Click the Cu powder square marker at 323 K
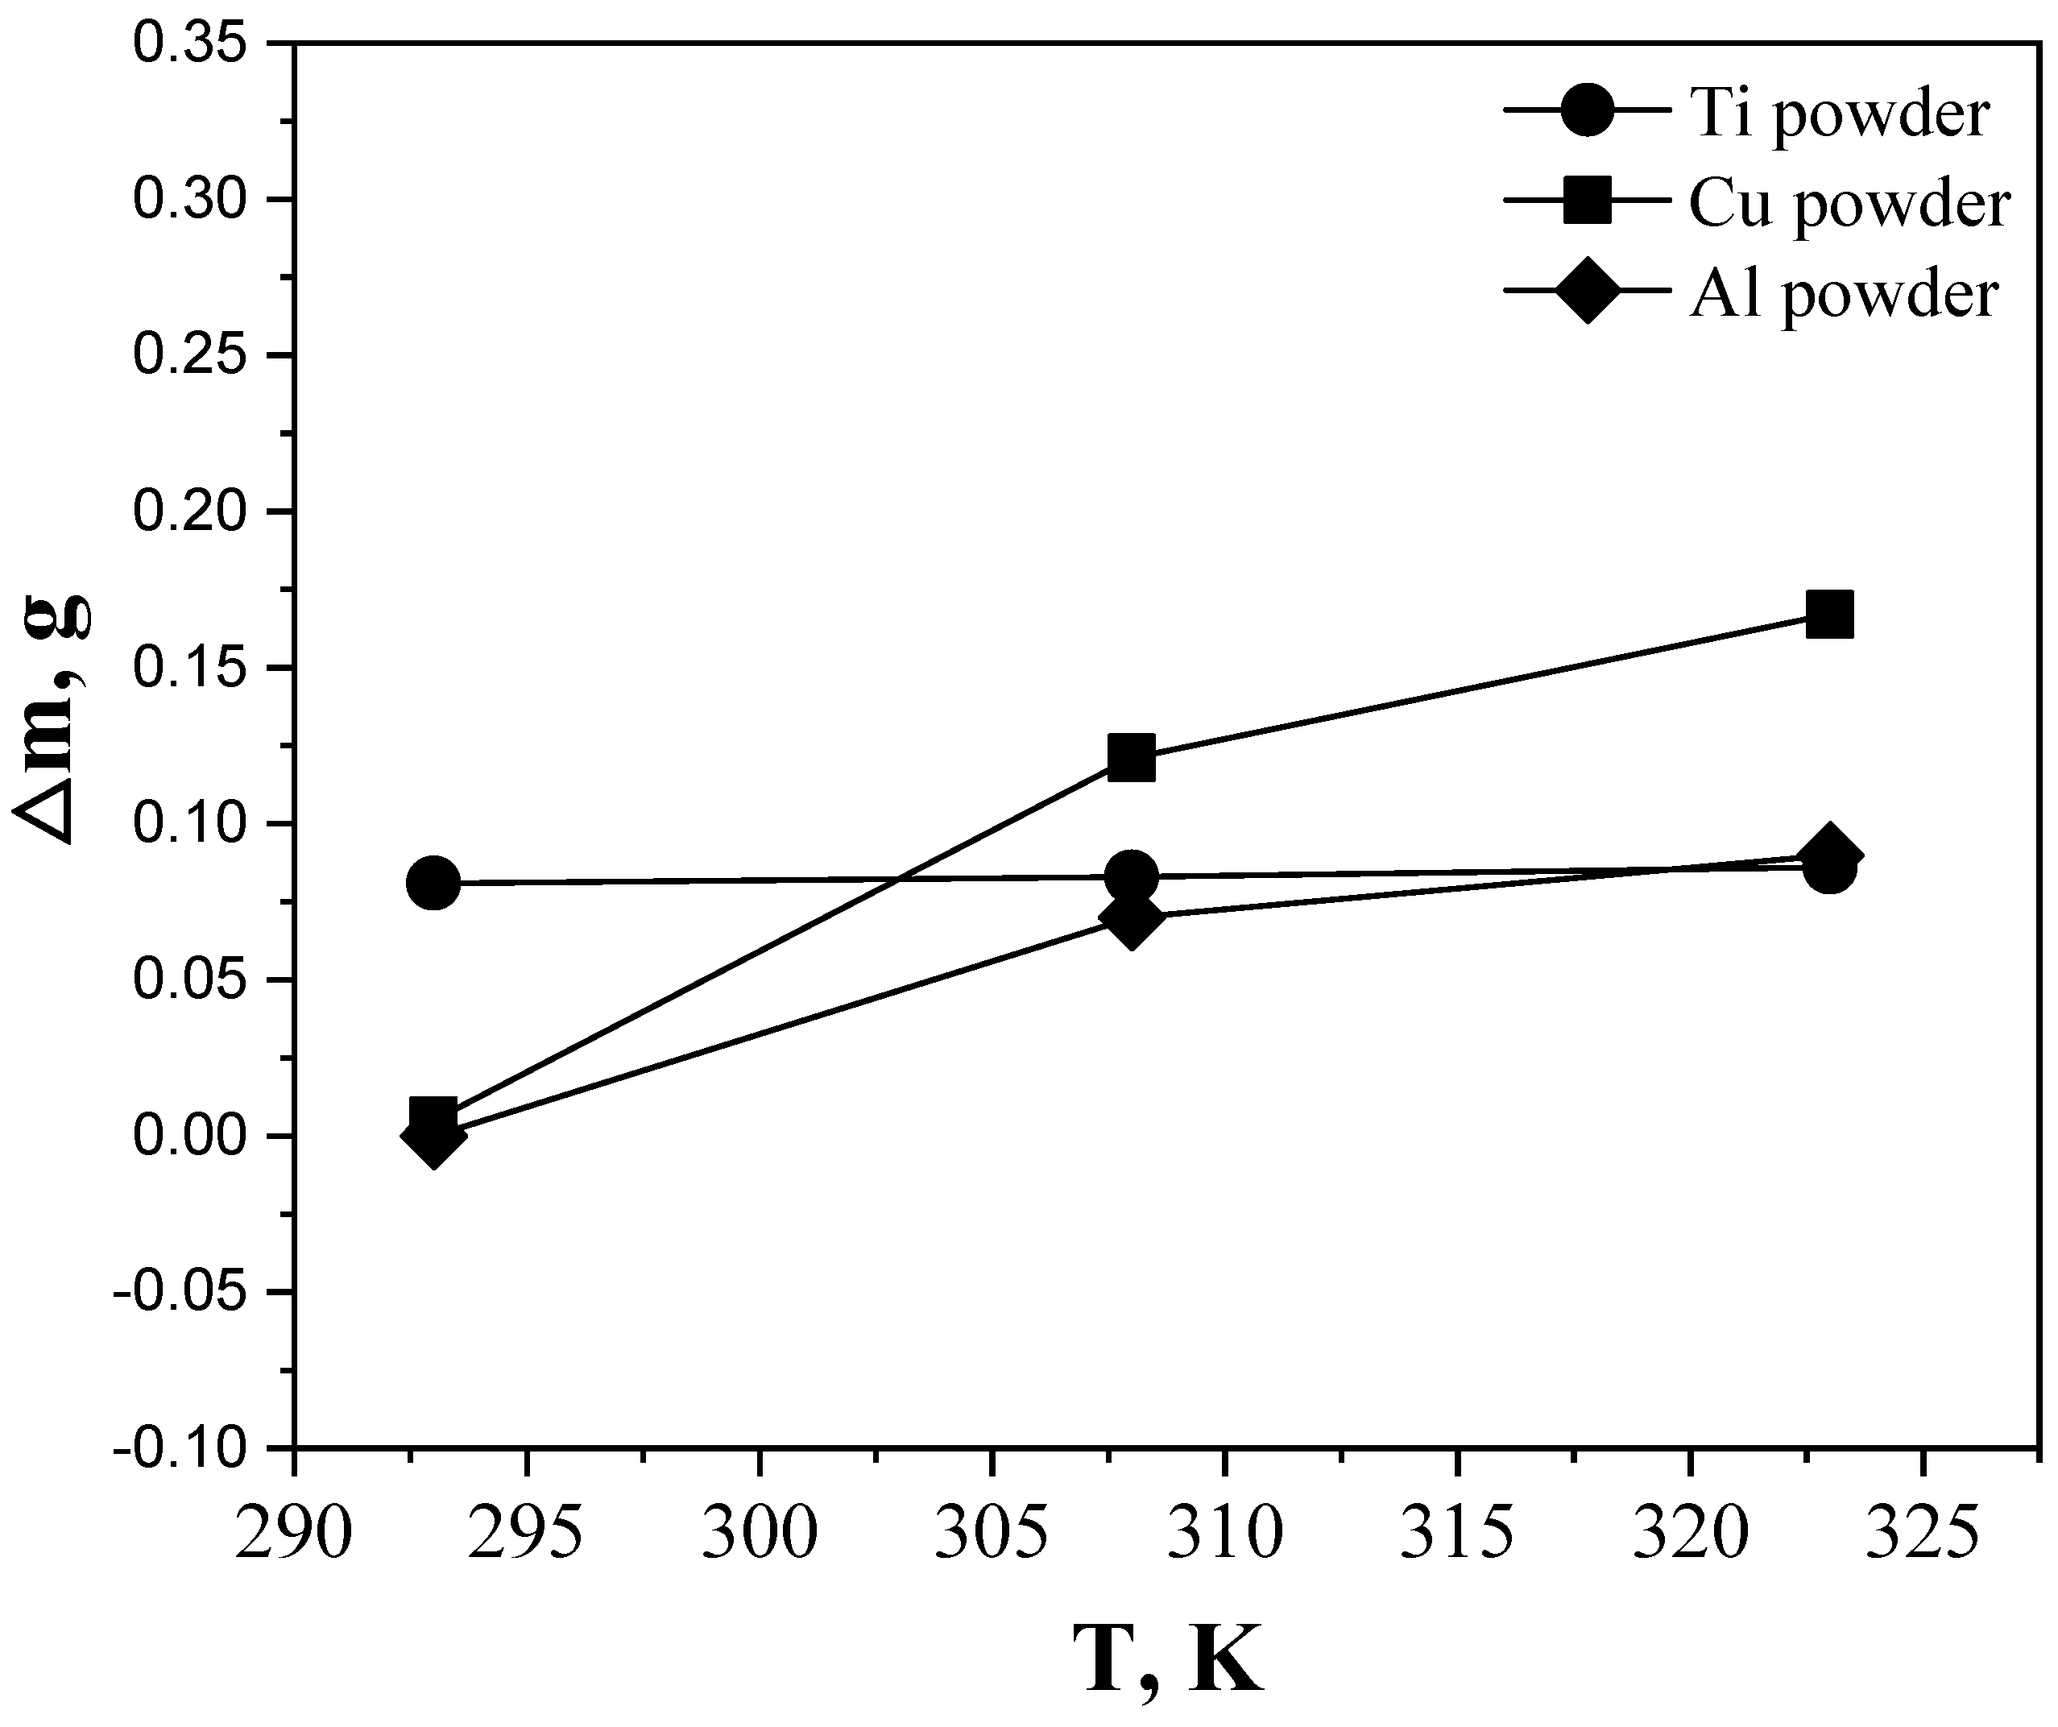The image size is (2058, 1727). (x=1828, y=615)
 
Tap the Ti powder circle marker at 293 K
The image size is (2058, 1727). (x=434, y=883)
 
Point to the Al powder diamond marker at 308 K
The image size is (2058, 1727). (x=1131, y=918)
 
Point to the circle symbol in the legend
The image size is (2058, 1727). (x=1587, y=112)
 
